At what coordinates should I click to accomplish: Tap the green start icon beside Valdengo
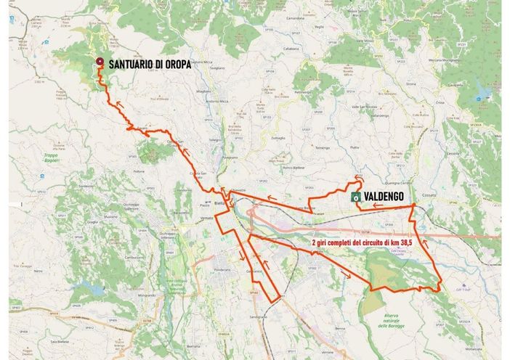(x=356, y=197)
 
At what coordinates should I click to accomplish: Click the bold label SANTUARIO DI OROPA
(x=150, y=65)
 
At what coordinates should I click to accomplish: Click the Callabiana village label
(x=291, y=49)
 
